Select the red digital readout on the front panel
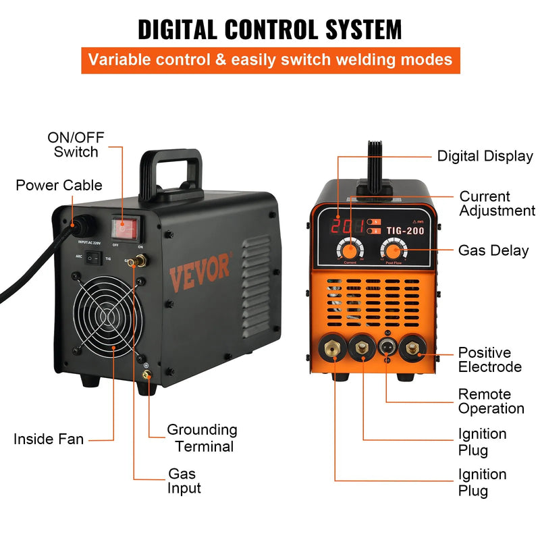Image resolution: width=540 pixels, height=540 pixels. pyautogui.click(x=339, y=226)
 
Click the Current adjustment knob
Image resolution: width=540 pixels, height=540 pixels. pyautogui.click(x=350, y=247)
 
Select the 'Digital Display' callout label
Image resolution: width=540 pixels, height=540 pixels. pyautogui.click(x=485, y=156)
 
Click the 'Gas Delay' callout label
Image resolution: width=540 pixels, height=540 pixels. pyautogui.click(x=493, y=250)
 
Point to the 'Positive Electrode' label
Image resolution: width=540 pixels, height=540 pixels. pyautogui.click(x=489, y=360)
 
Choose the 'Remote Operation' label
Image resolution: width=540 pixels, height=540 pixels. pyautogui.click(x=491, y=401)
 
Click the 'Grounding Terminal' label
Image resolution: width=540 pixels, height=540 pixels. pyautogui.click(x=202, y=438)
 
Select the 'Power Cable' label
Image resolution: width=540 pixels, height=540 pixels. pyautogui.click(x=59, y=185)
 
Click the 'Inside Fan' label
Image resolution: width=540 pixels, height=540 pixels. pyautogui.click(x=49, y=439)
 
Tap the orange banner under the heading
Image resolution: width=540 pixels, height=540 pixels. pyautogui.click(x=270, y=59)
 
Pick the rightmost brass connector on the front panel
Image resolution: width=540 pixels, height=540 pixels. pyautogui.click(x=412, y=349)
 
